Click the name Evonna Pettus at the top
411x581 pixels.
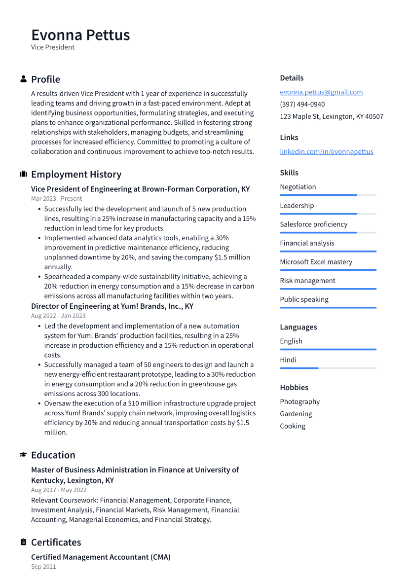(80, 35)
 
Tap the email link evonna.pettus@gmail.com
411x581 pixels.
(321, 92)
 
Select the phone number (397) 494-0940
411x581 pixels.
(302, 105)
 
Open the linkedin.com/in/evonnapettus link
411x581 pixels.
(326, 152)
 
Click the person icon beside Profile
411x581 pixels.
(23, 79)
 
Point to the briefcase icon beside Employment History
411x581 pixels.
(23, 174)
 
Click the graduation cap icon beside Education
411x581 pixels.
(23, 455)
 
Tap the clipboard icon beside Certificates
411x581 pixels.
(23, 542)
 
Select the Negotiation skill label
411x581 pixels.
(298, 187)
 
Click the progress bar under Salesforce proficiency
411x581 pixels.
(328, 232)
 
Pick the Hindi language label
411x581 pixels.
(288, 360)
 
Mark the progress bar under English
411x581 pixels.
(328, 349)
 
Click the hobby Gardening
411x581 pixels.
(296, 414)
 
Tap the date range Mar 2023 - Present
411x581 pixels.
(56, 199)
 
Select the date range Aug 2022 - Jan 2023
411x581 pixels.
(58, 316)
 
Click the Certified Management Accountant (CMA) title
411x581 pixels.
(101, 557)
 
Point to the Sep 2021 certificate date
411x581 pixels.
(43, 567)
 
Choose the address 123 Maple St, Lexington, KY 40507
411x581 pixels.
(331, 117)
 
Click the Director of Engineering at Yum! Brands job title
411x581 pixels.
(112, 306)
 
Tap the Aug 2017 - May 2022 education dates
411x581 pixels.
(59, 490)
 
